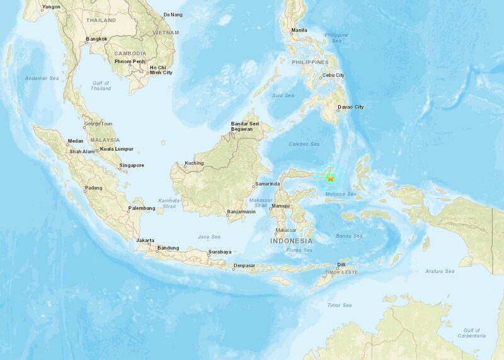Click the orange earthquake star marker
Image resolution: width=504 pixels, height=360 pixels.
pyautogui.click(x=330, y=178)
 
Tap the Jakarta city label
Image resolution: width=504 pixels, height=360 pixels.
pyautogui.click(x=146, y=240)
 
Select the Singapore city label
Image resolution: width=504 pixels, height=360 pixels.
pyautogui.click(x=132, y=165)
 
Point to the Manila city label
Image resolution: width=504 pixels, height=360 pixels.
pyautogui.click(x=299, y=30)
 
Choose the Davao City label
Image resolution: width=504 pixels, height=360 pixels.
pyautogui.click(x=351, y=107)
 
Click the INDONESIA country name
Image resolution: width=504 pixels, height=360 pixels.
pyautogui.click(x=290, y=241)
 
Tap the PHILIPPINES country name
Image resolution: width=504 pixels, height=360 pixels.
pyautogui.click(x=310, y=62)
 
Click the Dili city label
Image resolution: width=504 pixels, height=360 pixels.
pyautogui.click(x=341, y=265)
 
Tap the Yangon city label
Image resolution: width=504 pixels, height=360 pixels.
pyautogui.click(x=51, y=7)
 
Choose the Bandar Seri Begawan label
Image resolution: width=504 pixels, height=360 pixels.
pyautogui.click(x=246, y=125)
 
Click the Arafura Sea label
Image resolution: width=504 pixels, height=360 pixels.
pyautogui.click(x=440, y=271)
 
